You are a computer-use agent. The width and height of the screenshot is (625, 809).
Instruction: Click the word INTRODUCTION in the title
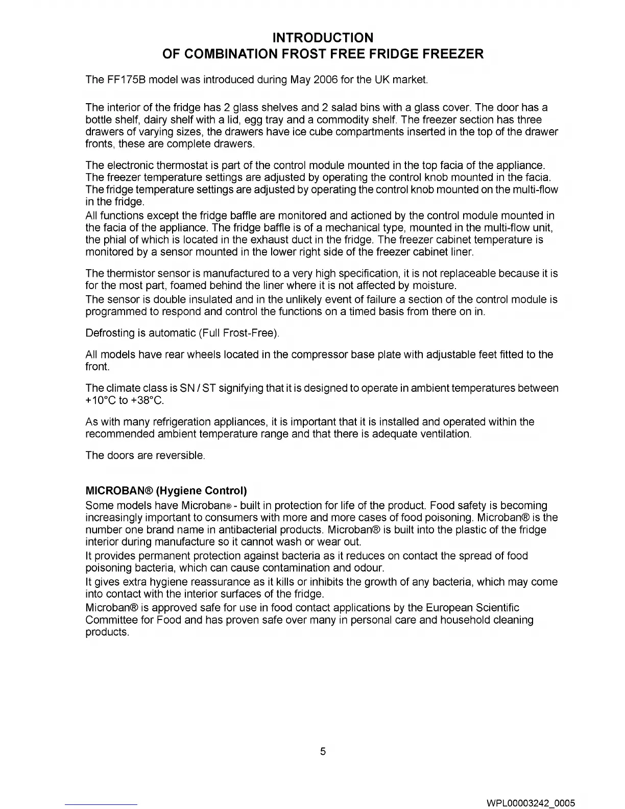coord(323,38)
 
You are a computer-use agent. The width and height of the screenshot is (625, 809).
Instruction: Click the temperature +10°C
coord(101,400)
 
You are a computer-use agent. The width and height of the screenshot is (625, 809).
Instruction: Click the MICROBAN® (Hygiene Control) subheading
coord(166,491)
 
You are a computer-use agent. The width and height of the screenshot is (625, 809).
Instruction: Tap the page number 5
coord(323,751)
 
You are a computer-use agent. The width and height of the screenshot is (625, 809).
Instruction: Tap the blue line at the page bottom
coord(102,804)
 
